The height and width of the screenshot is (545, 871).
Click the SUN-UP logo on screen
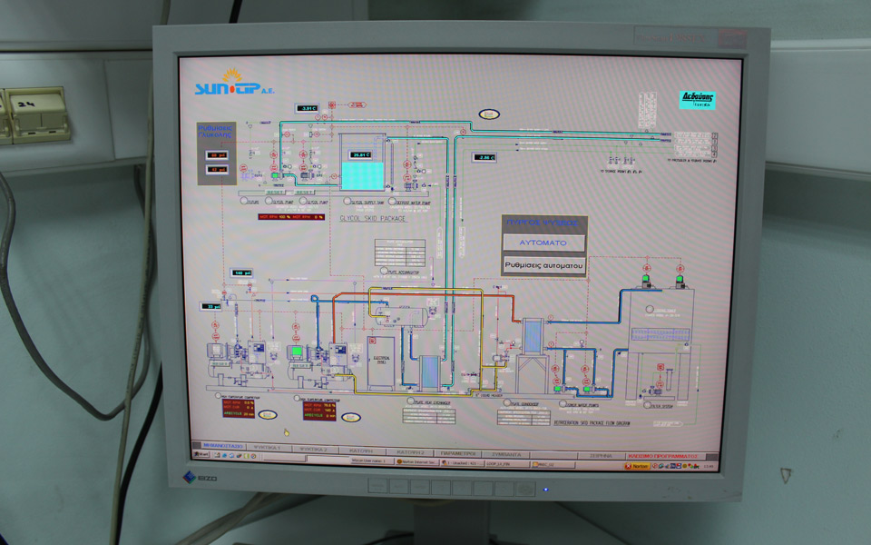click(x=227, y=87)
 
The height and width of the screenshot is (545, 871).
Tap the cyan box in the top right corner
click(x=698, y=100)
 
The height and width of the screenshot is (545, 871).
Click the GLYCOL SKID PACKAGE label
click(x=372, y=219)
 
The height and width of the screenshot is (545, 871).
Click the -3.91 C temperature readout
click(x=308, y=109)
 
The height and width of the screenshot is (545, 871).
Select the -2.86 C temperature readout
click(x=484, y=157)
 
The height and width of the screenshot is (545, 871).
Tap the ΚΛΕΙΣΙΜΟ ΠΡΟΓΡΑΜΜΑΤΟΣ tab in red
click(x=662, y=454)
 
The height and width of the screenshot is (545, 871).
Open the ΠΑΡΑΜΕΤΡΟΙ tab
click(x=459, y=451)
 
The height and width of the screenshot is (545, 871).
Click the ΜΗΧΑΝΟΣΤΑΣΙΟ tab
click(x=220, y=446)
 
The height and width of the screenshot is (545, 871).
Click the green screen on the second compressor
click(x=296, y=350)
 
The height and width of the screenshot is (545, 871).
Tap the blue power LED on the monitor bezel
click(x=544, y=490)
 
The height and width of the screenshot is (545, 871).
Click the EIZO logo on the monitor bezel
click(x=201, y=476)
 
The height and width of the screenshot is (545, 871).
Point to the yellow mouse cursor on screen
click(x=287, y=432)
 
